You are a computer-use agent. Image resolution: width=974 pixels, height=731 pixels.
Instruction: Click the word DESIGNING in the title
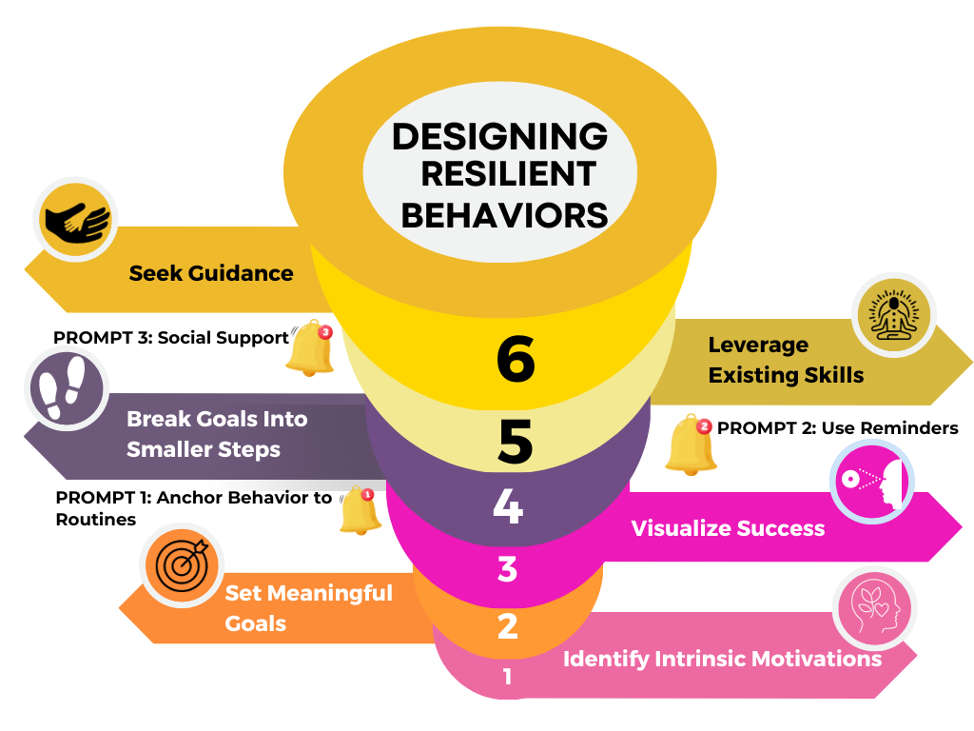click(x=499, y=136)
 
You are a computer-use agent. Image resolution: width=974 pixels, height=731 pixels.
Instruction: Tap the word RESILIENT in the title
click(x=508, y=175)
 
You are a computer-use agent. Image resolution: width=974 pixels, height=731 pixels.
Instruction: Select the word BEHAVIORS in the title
click(x=504, y=215)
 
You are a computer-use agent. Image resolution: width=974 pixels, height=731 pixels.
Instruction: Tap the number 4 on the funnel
click(x=508, y=507)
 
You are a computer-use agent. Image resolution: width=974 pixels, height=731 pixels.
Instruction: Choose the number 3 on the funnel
click(x=507, y=569)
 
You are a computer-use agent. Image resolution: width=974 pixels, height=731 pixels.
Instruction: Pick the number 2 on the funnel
click(x=507, y=626)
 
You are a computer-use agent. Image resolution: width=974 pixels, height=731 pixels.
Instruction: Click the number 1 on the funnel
click(x=507, y=677)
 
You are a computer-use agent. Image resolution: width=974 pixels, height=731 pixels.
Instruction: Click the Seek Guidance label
click(x=211, y=273)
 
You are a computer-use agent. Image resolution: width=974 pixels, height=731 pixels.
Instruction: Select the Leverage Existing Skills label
click(x=786, y=360)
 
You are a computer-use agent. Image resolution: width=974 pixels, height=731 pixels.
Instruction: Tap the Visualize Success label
click(x=728, y=527)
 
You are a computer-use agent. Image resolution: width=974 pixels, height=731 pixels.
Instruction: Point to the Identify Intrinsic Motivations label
click(x=722, y=659)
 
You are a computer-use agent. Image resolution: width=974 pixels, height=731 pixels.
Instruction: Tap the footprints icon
click(x=66, y=387)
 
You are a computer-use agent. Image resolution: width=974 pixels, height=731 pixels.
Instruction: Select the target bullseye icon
click(x=181, y=565)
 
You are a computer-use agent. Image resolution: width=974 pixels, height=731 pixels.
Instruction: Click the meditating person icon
click(x=893, y=315)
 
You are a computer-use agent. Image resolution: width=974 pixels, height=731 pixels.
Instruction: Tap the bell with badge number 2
click(x=692, y=445)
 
